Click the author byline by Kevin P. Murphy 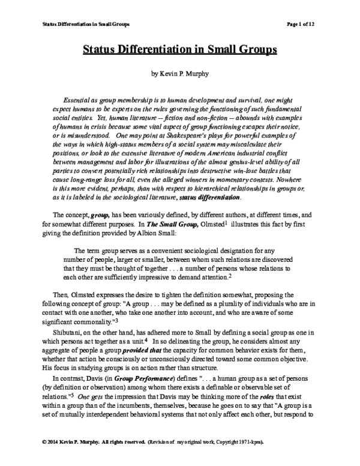coord(179,77)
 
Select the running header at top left coord(83,24)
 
